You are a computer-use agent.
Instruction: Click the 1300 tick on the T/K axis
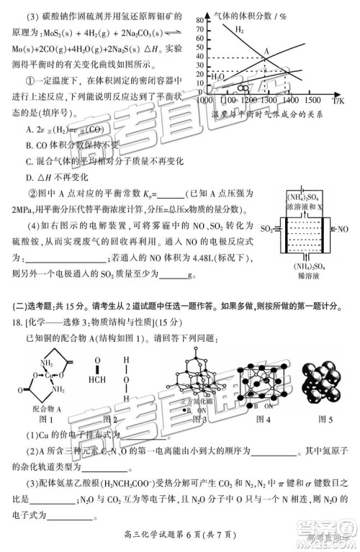click(x=268, y=101)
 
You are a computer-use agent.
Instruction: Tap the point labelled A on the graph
click(x=266, y=50)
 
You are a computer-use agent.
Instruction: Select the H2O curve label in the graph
click(x=217, y=74)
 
